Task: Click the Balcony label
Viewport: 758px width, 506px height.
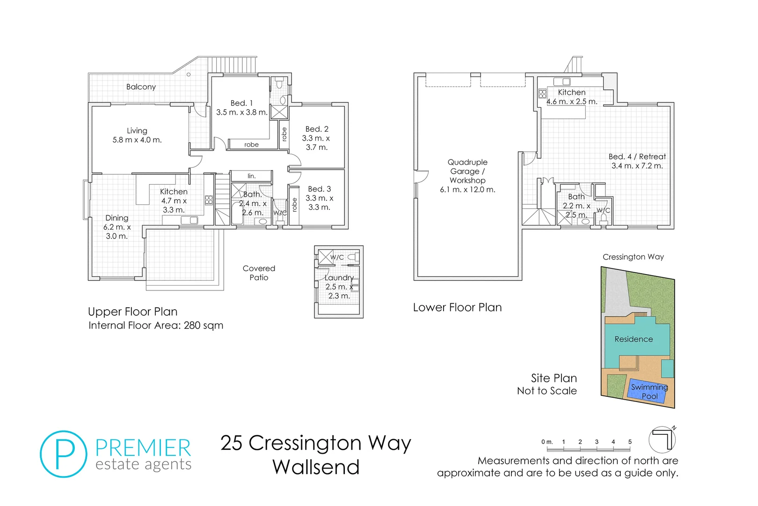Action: [141, 87]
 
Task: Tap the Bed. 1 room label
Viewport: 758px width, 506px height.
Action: [241, 103]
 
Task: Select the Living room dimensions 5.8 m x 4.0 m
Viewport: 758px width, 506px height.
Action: [137, 140]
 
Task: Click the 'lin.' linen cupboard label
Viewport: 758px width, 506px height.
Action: [252, 176]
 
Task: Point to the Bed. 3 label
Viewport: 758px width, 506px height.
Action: [319, 189]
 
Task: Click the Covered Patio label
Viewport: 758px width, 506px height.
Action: [259, 273]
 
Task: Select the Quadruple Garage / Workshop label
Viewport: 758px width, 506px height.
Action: [467, 171]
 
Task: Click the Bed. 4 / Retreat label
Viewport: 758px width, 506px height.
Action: [637, 156]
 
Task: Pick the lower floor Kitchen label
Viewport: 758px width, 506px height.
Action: [571, 92]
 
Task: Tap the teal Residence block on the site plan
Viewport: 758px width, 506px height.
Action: [634, 339]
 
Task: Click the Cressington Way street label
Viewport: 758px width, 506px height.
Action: [633, 257]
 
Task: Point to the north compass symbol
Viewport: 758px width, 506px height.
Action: [662, 439]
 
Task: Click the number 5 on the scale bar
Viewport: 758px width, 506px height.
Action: [630, 442]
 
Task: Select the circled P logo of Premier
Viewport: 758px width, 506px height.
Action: [64, 454]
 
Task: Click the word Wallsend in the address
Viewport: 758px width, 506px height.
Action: [316, 467]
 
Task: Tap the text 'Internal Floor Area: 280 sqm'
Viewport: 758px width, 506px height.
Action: [156, 325]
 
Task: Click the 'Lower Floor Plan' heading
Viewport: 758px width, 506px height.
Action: [457, 307]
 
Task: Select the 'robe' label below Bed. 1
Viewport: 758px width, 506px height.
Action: [251, 144]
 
